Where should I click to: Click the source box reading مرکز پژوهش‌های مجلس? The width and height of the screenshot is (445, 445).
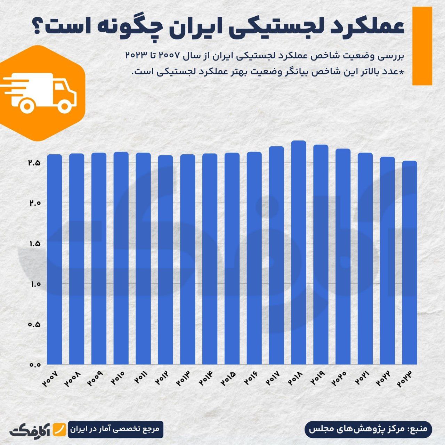pyautogui.click(x=369, y=429)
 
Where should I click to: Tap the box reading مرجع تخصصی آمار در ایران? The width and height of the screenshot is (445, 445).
pyautogui.click(x=115, y=429)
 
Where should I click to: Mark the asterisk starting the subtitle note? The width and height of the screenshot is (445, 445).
pyautogui.click(x=401, y=72)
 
